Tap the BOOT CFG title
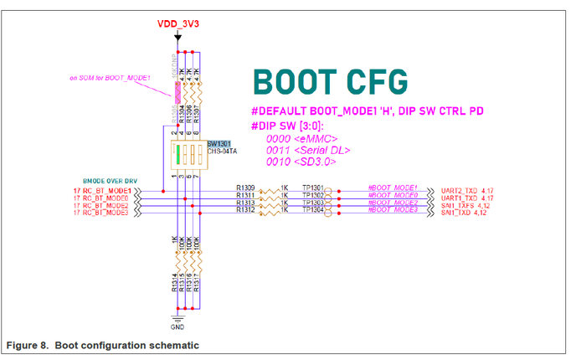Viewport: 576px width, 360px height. [x=331, y=82]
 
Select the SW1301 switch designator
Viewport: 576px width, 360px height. [x=219, y=144]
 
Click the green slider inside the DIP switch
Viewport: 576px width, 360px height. [x=177, y=157]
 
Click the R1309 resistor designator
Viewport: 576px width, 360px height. [x=246, y=188]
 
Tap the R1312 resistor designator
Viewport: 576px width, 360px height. [x=246, y=209]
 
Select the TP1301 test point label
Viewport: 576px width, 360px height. [x=313, y=188]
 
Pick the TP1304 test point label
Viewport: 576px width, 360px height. [x=313, y=209]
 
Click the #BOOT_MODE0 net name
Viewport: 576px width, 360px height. [x=393, y=195]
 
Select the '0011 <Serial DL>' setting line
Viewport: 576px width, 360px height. [x=307, y=150]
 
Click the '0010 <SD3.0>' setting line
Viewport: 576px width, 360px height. [x=301, y=162]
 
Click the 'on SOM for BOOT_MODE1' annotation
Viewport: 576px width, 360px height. [x=110, y=78]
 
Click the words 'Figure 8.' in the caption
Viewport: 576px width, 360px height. [x=27, y=345]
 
